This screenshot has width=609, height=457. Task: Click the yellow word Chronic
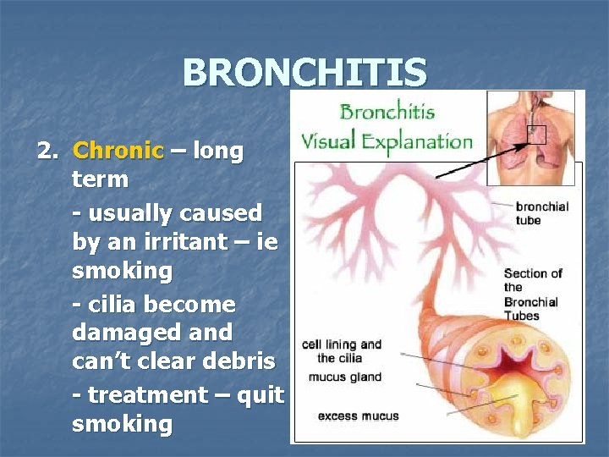(x=118, y=151)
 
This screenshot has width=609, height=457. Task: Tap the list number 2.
(x=47, y=151)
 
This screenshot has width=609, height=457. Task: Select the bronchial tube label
(x=541, y=213)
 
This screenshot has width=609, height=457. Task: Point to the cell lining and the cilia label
(x=342, y=350)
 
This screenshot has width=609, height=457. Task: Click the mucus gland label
(x=344, y=377)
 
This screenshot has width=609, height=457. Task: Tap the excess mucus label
(x=358, y=416)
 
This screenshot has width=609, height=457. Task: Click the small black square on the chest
(x=537, y=134)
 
